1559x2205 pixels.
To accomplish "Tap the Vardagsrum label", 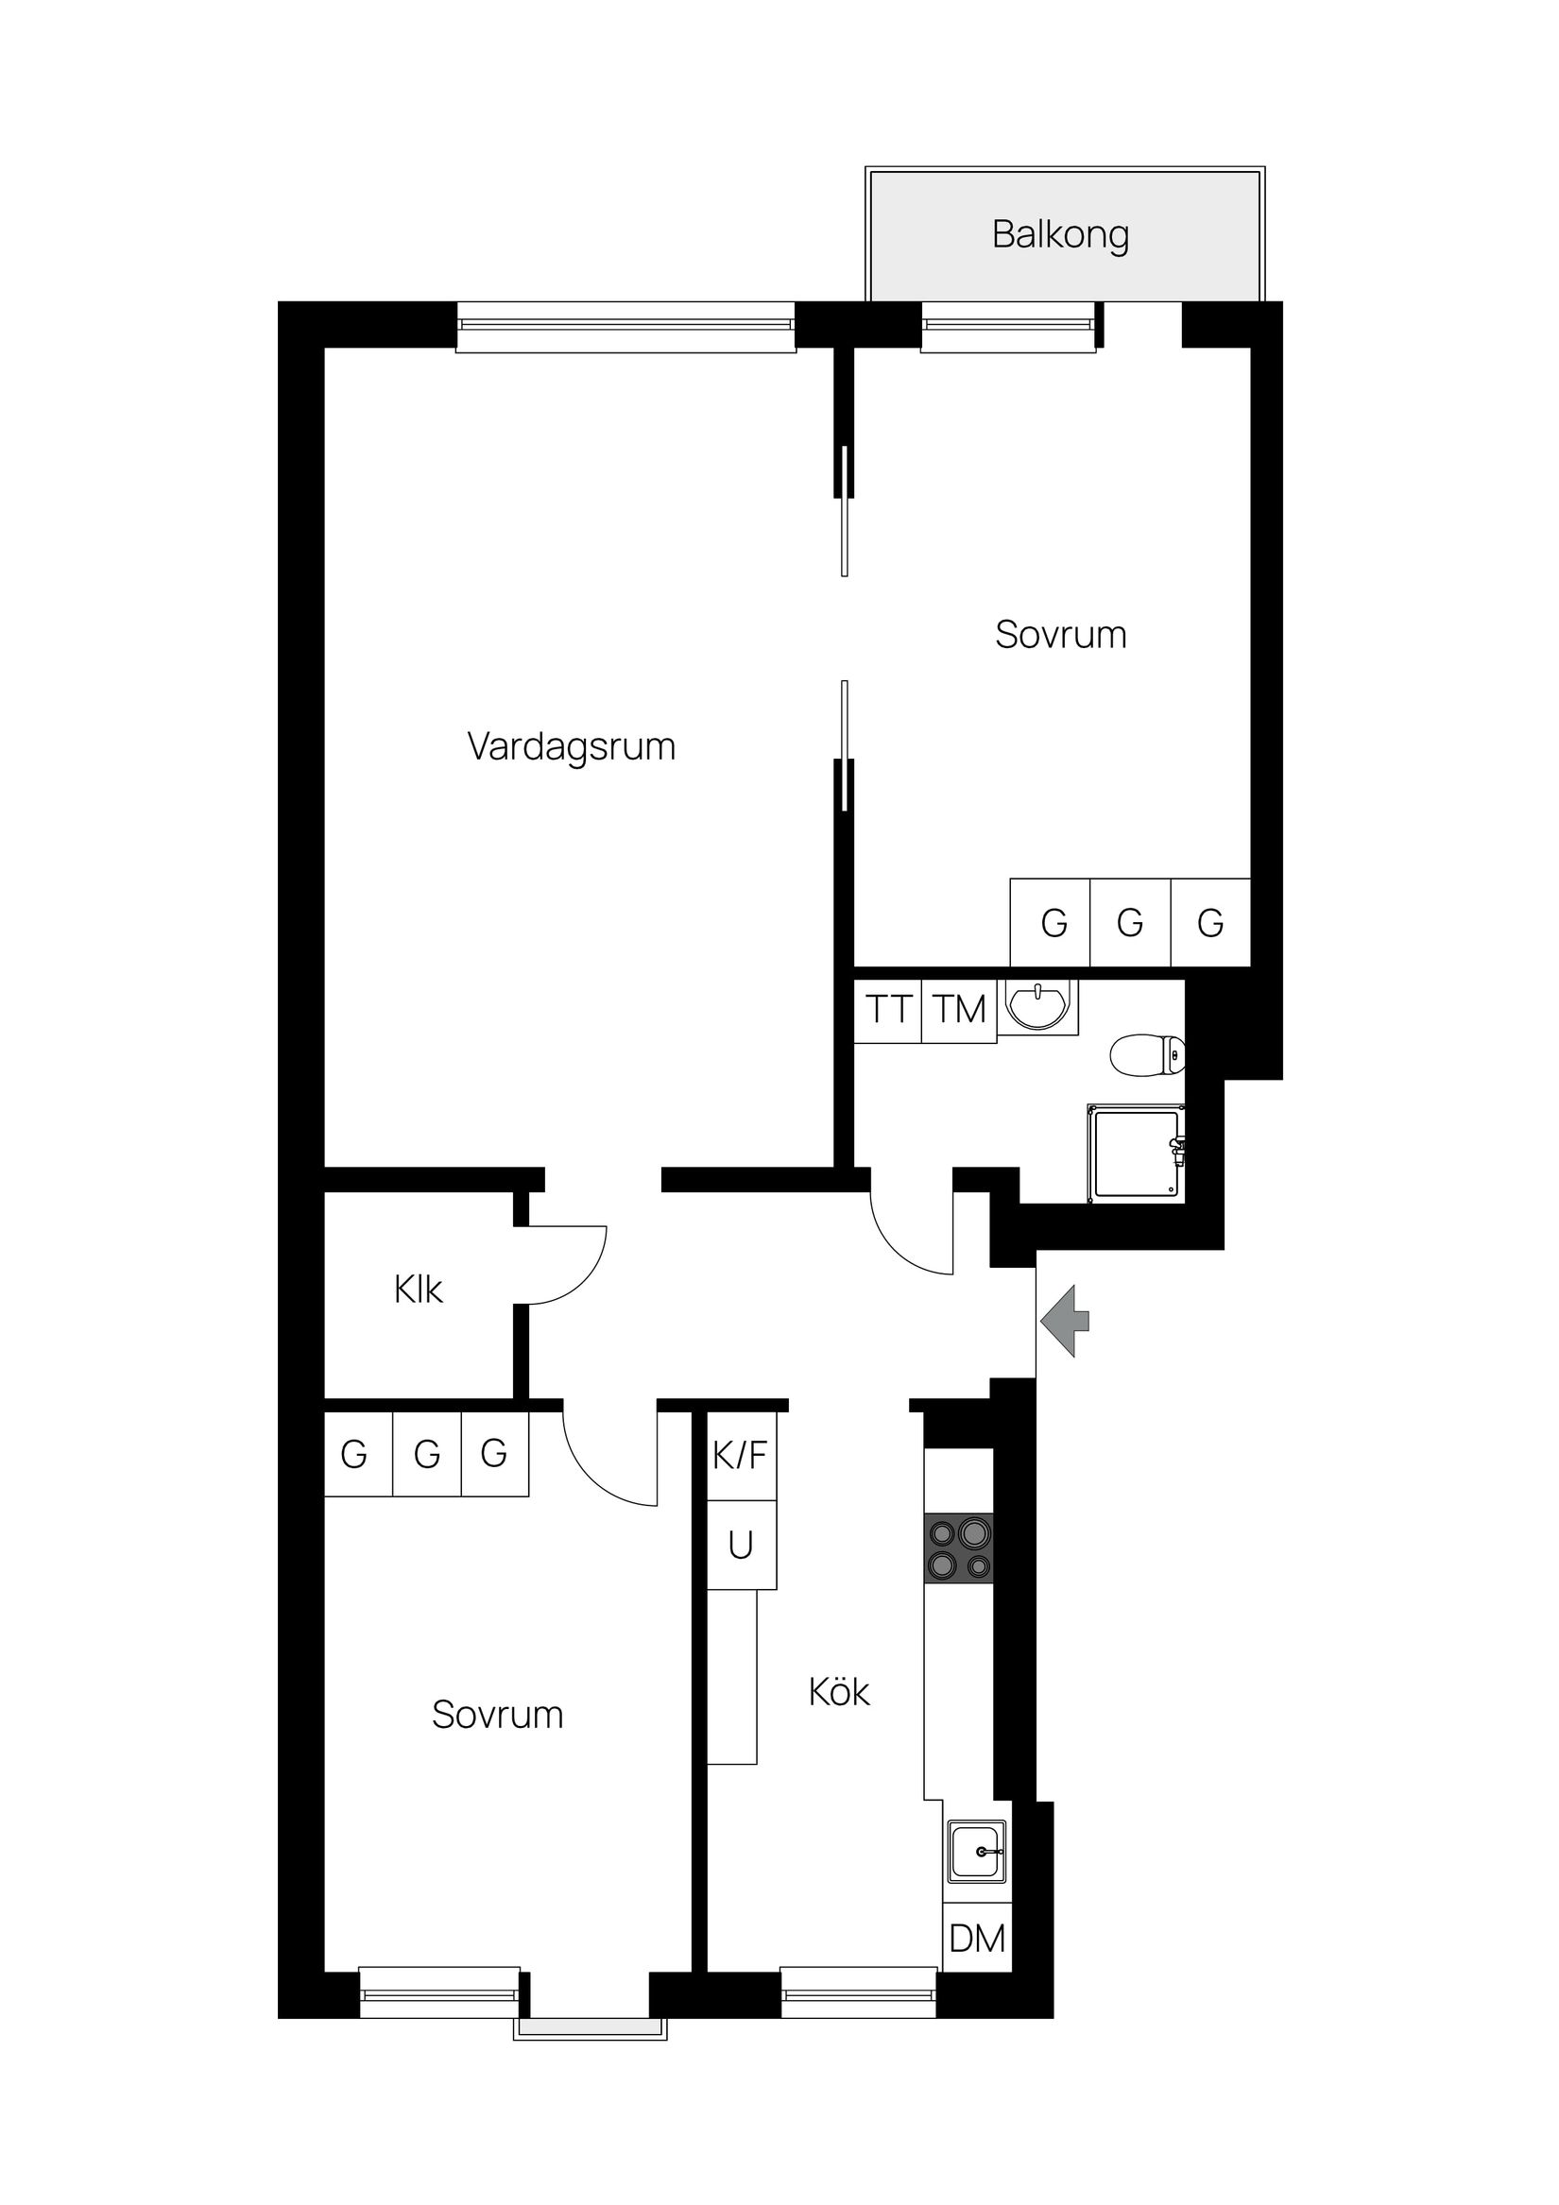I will (572, 746).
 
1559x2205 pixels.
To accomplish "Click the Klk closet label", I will (418, 1289).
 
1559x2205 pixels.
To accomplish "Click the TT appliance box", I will (887, 1010).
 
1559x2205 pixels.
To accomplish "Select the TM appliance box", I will (959, 1010).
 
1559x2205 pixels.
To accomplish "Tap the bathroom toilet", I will (1147, 1055).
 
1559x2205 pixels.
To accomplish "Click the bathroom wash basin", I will (1036, 1004).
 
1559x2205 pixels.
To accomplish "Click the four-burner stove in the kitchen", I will (958, 1548).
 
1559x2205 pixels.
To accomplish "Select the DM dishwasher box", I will (977, 1938).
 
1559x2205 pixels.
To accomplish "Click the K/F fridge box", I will (741, 1456).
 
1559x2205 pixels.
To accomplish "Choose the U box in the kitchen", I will (741, 1545).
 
